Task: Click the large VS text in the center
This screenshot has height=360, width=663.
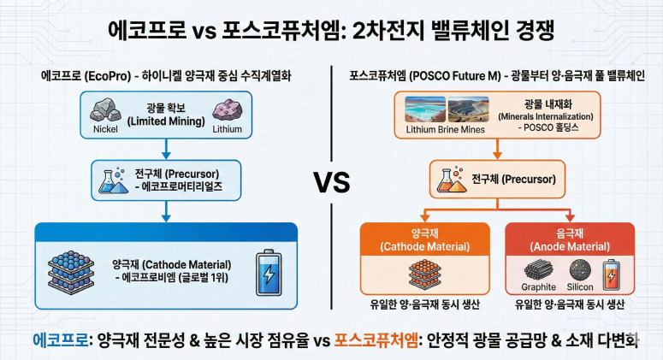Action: [330, 181]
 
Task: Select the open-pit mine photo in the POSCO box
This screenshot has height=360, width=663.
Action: [468, 109]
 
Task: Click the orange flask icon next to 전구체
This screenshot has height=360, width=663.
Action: [444, 180]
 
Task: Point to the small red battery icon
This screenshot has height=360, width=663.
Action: [613, 274]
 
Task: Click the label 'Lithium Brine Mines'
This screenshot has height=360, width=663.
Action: [445, 130]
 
